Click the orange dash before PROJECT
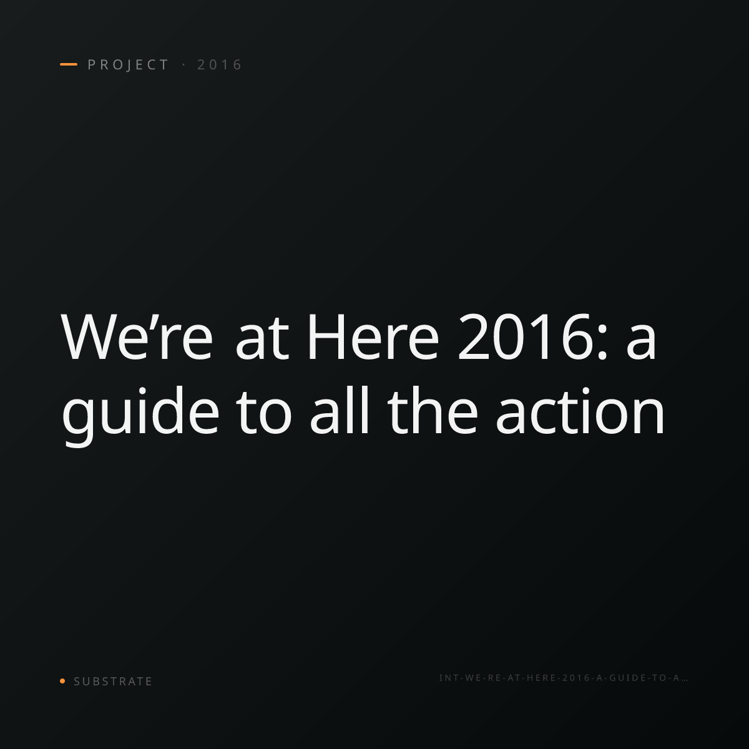[69, 64]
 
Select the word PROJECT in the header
[129, 65]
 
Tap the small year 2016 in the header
[220, 65]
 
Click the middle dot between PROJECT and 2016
[184, 65]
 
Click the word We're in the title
[137, 336]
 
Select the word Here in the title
[373, 336]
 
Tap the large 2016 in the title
[524, 336]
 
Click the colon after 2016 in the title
[602, 343]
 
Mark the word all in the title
[339, 409]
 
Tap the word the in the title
[433, 409]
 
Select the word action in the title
[580, 409]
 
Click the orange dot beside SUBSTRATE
[62, 680]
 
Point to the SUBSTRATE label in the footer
[113, 681]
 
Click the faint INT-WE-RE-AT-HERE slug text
[563, 678]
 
